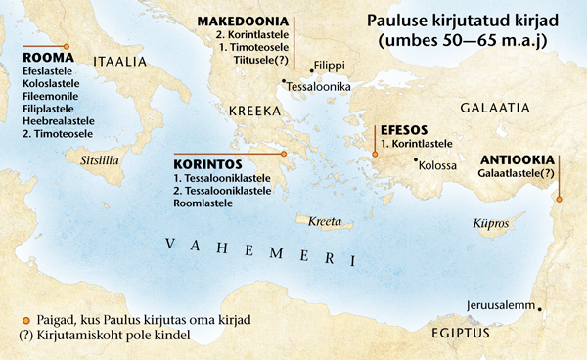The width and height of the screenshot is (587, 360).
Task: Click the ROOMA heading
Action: click(40, 58)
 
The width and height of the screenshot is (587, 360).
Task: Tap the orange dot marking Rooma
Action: click(66, 46)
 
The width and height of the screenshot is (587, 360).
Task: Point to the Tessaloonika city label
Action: click(319, 86)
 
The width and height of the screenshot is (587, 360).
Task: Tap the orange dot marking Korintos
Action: click(282, 154)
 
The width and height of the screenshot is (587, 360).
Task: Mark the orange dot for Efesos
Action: click(375, 154)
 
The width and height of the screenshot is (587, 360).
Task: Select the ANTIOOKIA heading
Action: click(518, 159)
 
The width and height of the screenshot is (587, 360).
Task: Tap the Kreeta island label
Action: click(324, 221)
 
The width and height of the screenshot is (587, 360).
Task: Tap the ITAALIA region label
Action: click(119, 61)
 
